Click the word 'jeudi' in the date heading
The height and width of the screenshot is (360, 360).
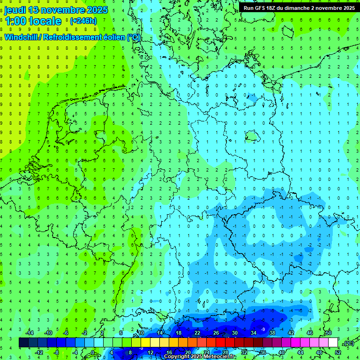[15, 10]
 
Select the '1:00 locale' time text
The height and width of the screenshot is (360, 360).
[33, 21]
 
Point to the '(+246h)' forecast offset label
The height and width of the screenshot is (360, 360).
[83, 21]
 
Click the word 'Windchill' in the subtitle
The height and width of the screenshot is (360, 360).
[23, 37]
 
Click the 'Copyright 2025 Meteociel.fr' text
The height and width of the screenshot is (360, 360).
[200, 356]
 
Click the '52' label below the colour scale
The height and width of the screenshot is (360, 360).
[338, 352]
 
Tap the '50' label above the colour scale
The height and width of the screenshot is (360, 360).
[328, 333]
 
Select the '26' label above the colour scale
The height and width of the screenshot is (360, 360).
[216, 333]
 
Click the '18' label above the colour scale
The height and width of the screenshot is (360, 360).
[179, 333]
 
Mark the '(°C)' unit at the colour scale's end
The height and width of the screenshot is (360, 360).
[348, 343]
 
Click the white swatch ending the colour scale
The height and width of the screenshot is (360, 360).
[333, 343]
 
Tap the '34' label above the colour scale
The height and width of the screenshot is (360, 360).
[254, 333]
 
